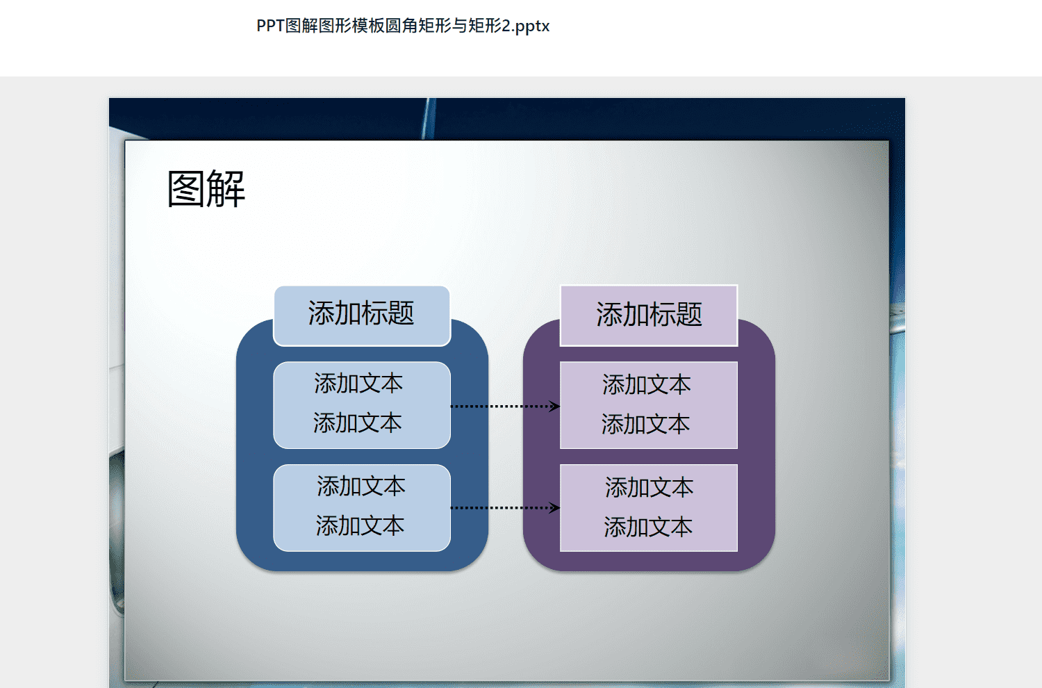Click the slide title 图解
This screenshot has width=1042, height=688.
click(x=206, y=188)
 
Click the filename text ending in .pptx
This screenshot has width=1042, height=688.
click(x=403, y=26)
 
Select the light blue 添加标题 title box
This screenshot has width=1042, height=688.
click(x=362, y=316)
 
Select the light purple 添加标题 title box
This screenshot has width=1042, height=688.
click(x=649, y=316)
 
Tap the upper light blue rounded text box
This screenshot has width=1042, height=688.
click(x=362, y=405)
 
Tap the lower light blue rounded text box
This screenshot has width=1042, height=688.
click(x=362, y=508)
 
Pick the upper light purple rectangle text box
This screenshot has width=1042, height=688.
click(x=649, y=405)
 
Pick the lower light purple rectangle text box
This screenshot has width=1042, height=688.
click(x=649, y=508)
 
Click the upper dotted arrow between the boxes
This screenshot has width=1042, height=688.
click(x=505, y=407)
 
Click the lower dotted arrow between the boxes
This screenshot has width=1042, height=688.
click(x=505, y=507)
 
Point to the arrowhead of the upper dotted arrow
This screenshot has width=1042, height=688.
click(x=559, y=407)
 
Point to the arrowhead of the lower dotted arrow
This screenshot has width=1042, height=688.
click(x=559, y=507)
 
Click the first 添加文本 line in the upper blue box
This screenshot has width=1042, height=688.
click(x=358, y=384)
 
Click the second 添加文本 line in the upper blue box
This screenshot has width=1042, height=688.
click(x=357, y=423)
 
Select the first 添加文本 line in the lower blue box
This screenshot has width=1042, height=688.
click(x=361, y=486)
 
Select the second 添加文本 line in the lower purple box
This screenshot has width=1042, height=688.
click(x=648, y=527)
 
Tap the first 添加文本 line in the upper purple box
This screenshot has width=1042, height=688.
click(x=647, y=385)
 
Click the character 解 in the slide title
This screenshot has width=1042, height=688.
click(x=226, y=188)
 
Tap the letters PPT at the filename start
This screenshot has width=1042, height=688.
click(x=270, y=26)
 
